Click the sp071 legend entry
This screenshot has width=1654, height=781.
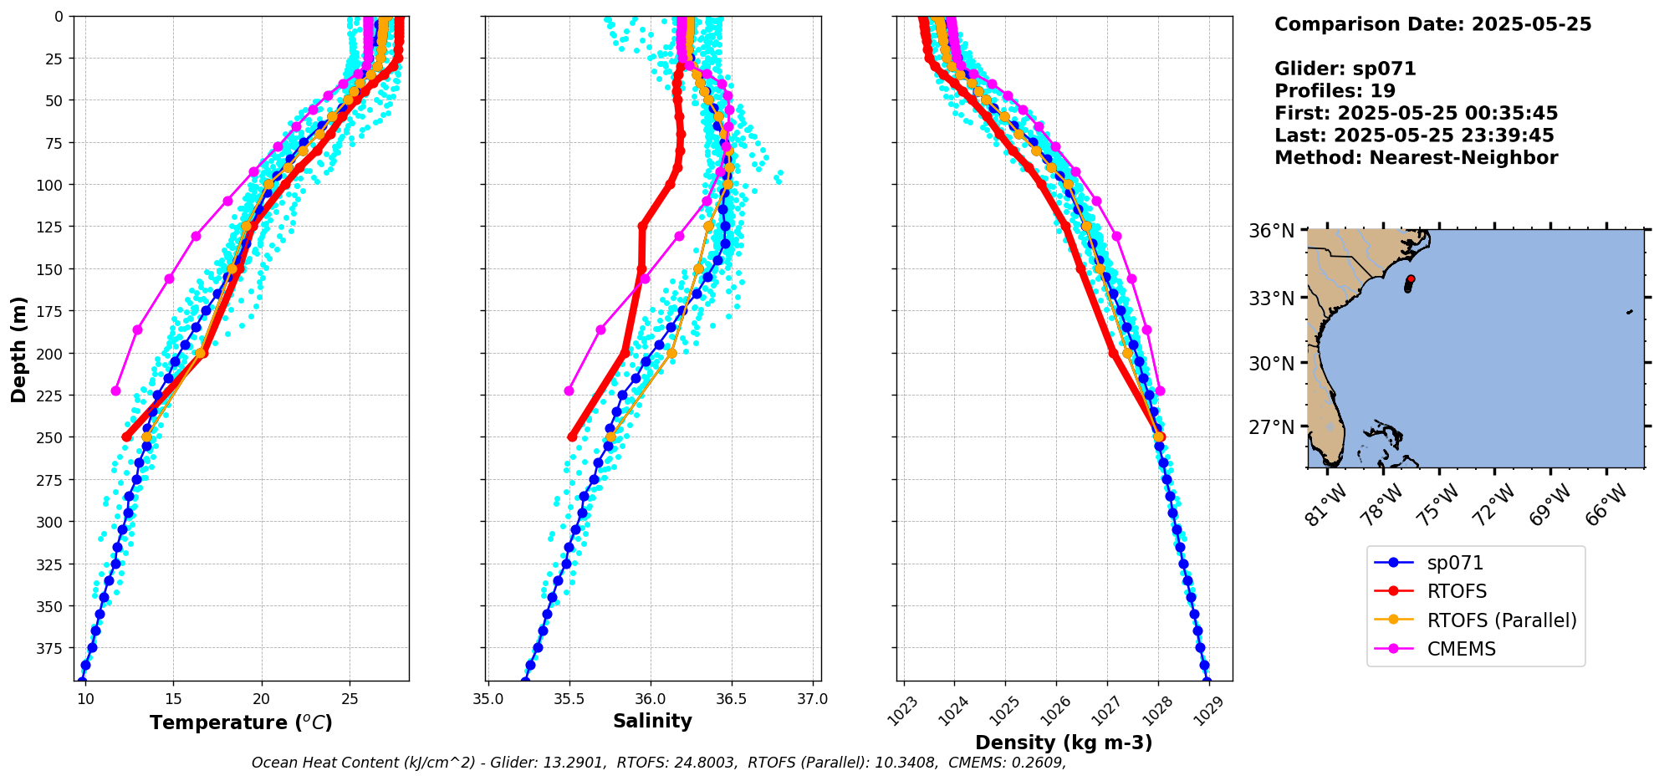(x=1455, y=564)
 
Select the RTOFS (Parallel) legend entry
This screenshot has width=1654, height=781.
(x=1501, y=620)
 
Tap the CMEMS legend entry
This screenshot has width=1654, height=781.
(x=1461, y=649)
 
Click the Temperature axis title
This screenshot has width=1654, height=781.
(x=241, y=722)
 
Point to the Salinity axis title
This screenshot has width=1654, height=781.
(x=652, y=722)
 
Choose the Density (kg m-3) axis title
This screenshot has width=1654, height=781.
(x=1064, y=743)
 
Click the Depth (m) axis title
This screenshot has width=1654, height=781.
(x=18, y=349)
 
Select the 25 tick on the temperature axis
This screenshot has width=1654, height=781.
(x=350, y=699)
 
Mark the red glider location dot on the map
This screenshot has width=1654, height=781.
(x=1411, y=279)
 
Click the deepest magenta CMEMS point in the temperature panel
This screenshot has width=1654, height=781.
(x=115, y=390)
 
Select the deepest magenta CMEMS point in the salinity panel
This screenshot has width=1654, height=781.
(x=569, y=390)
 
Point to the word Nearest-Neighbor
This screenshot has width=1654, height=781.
(x=1463, y=158)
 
